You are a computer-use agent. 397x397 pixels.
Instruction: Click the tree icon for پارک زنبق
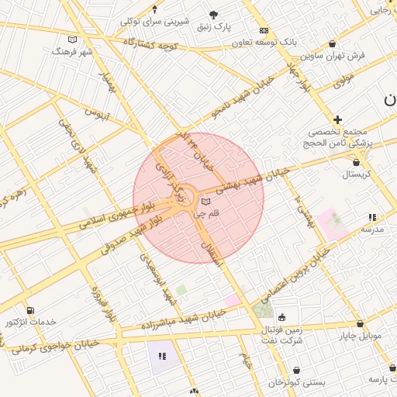click(x=214, y=15)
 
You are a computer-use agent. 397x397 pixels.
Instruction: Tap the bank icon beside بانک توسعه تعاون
click(x=264, y=30)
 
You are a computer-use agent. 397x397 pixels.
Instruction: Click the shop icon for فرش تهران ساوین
click(x=333, y=44)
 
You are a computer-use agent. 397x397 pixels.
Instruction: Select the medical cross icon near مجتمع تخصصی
click(x=337, y=119)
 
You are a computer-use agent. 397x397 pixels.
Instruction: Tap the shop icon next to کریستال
click(x=356, y=162)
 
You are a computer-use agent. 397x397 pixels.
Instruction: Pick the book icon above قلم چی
click(x=205, y=201)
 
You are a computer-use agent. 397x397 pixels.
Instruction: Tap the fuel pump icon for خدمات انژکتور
click(x=30, y=310)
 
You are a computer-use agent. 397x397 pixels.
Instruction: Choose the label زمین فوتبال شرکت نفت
click(x=281, y=336)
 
